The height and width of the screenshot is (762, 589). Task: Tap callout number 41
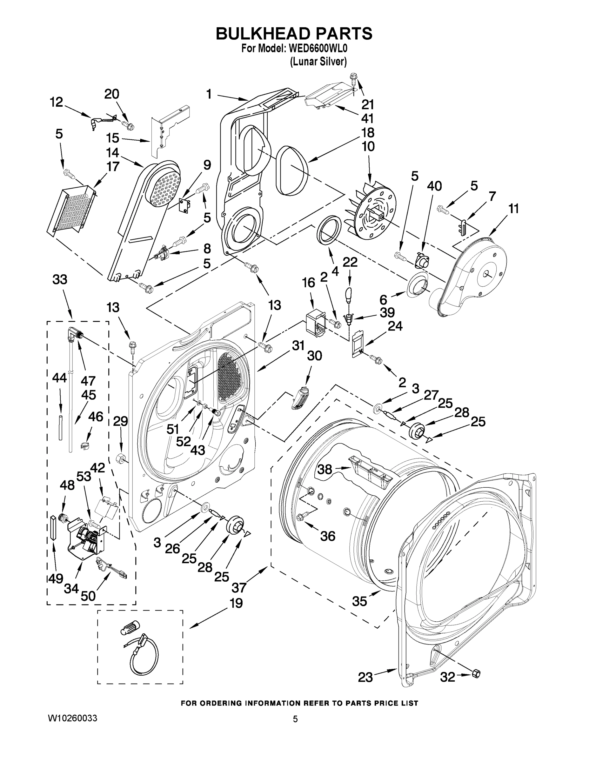coord(367,119)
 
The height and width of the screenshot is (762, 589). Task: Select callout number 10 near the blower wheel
coord(368,147)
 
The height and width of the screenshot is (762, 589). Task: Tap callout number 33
coord(60,279)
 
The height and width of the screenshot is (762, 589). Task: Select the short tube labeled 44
coord(60,427)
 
